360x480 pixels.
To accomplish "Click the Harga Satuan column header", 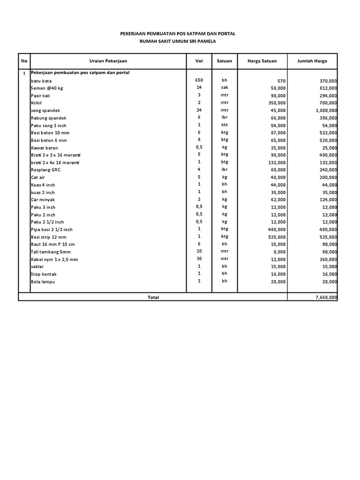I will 262,61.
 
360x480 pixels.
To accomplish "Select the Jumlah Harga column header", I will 312,61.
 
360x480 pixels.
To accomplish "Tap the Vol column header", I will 199,61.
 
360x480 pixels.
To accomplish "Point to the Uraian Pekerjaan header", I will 108,61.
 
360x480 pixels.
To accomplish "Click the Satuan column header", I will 225,61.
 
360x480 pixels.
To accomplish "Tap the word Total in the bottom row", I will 153,297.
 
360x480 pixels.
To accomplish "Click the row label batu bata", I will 41,81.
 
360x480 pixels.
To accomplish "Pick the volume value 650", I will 199,80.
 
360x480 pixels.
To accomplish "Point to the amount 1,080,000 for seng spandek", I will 325,110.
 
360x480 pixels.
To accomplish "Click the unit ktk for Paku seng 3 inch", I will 225,125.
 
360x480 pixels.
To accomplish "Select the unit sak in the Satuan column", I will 225,88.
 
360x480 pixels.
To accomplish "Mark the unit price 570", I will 281,81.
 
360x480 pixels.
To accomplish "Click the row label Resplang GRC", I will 45,170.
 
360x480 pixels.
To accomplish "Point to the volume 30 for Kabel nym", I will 199,259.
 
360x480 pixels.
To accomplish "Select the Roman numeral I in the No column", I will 24,73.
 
